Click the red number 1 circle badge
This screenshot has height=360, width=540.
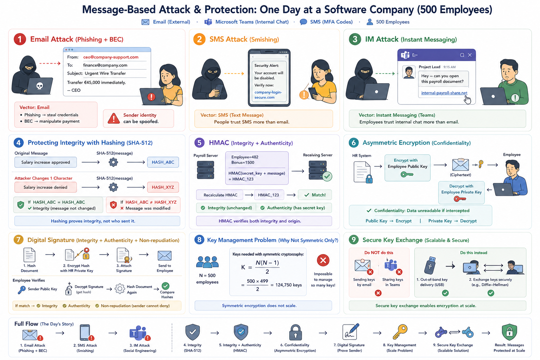pos(20,39)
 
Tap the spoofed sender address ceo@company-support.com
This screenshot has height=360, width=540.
pos(111,57)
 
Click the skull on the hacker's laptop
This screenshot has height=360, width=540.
pos(39,86)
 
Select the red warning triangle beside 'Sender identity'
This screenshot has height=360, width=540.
pos(114,118)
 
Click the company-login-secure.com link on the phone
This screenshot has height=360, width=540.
pos(268,95)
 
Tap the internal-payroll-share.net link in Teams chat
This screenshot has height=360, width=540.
pos(444,93)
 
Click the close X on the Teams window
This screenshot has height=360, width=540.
pos(470,55)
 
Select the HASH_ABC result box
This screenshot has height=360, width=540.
pos(163,162)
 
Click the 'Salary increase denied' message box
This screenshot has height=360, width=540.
pos(46,187)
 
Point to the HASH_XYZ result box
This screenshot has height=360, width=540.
pos(163,187)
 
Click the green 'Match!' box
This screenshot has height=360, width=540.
pos(315,195)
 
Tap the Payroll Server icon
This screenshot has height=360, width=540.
pos(205,170)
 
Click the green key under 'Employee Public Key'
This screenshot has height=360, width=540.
pos(407,174)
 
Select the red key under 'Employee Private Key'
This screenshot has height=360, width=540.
pos(460,199)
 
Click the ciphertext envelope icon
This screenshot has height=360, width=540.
pos(461,165)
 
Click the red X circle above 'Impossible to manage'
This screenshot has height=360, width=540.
pos(323,260)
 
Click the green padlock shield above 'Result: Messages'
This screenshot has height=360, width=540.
pos(509,332)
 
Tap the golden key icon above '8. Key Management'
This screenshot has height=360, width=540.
pos(400,332)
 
